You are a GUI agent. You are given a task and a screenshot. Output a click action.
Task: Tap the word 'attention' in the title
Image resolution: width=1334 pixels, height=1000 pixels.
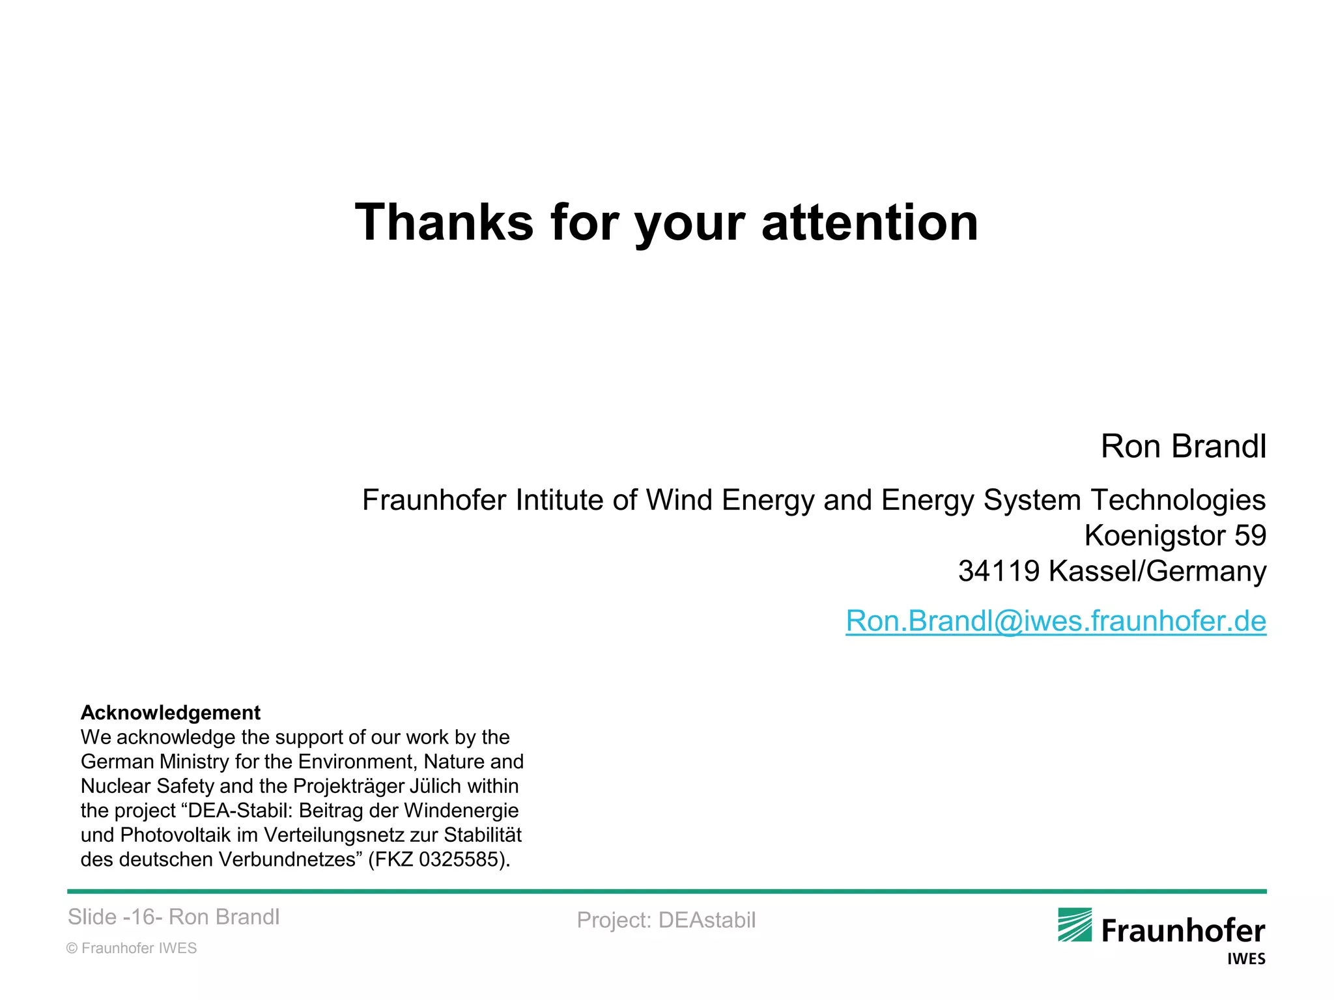click(870, 223)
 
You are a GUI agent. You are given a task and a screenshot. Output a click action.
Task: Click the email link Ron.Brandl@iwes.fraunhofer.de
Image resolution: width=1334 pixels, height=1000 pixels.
click(1055, 620)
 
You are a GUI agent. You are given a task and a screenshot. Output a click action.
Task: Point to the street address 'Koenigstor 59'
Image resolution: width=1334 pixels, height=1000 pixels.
click(1174, 536)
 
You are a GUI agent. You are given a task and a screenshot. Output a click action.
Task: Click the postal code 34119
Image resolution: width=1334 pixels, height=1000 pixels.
click(999, 571)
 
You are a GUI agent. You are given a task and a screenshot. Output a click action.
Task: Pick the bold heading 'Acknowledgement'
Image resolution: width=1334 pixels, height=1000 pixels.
click(170, 712)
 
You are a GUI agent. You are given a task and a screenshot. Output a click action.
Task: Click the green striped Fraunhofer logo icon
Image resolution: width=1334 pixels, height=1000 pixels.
click(1074, 925)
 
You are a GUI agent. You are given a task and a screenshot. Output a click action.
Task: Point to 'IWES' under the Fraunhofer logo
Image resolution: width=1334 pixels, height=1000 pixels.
click(1246, 959)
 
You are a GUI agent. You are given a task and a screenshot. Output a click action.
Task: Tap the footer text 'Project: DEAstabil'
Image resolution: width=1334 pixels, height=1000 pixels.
click(666, 920)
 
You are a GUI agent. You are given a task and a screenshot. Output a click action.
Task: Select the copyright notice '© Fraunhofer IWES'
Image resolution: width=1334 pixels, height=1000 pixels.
click(132, 948)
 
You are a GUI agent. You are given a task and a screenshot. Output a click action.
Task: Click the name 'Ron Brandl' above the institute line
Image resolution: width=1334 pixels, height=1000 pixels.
click(1183, 447)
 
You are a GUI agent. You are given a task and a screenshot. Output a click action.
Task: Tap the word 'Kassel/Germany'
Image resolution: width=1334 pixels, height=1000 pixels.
click(1157, 571)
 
